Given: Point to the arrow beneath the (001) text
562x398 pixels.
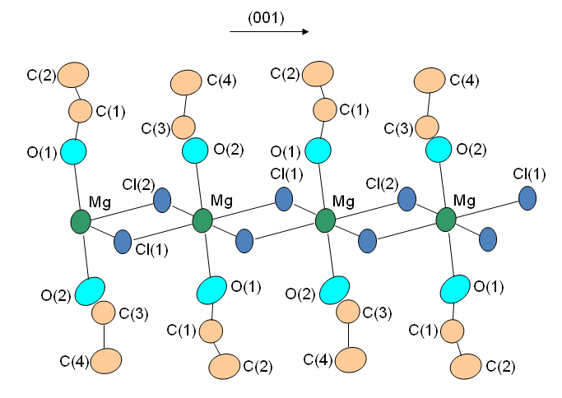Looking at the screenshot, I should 268,32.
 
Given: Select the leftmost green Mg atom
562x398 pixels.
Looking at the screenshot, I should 81,221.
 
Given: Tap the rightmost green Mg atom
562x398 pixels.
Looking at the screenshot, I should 446,220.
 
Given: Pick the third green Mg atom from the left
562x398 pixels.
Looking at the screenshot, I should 326,220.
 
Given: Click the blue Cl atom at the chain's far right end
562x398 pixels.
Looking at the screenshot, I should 528,197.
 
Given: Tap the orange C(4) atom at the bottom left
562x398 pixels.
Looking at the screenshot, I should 106,359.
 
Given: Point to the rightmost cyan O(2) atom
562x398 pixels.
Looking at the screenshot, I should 438,150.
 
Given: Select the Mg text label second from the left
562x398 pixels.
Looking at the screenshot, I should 222,200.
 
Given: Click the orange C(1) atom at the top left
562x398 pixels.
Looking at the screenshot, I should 80,109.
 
